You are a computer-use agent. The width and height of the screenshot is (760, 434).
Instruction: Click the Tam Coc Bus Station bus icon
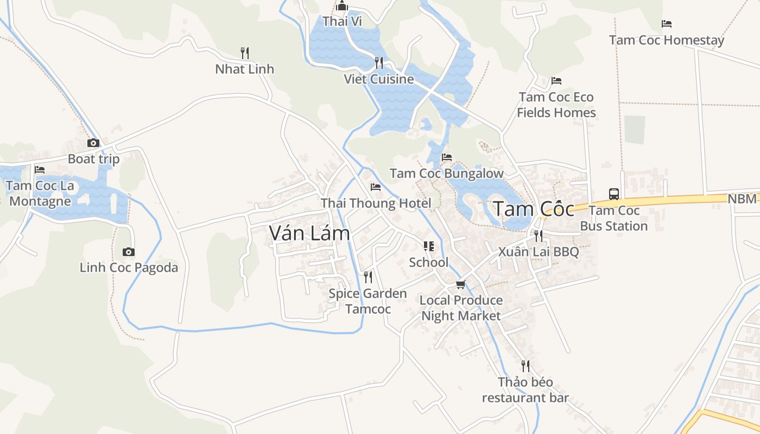614,194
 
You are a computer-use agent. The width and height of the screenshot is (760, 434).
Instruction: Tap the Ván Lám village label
309,233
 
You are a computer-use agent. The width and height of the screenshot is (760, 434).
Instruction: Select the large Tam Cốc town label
533,209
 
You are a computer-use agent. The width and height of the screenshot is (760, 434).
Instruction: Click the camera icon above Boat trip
93,143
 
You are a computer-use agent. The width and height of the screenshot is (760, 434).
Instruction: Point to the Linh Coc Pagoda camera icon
129,252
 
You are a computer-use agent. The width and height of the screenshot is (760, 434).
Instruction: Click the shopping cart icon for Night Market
461,284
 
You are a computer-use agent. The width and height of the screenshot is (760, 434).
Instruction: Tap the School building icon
429,246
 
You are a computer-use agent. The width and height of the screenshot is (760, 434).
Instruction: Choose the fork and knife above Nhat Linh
245,53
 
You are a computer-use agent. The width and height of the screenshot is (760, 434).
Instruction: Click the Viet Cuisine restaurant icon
379,63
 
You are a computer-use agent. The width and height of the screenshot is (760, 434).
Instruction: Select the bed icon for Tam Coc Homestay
667,24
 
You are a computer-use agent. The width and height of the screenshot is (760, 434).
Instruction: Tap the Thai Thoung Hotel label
376,203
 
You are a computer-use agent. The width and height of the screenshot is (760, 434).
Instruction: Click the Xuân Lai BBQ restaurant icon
539,235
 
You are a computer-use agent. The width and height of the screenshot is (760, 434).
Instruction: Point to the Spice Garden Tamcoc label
368,301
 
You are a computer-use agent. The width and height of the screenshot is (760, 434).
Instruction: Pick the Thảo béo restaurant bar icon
525,366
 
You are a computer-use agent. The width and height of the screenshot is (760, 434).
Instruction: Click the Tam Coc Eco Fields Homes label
556,105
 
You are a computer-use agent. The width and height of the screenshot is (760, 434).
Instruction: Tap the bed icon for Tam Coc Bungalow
447,157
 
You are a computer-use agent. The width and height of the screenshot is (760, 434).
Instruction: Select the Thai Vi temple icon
342,6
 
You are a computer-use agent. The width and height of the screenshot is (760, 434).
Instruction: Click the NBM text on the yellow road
742,199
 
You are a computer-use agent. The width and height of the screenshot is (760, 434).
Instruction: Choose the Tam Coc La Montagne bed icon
40,170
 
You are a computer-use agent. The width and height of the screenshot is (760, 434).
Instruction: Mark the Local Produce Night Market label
461,308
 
